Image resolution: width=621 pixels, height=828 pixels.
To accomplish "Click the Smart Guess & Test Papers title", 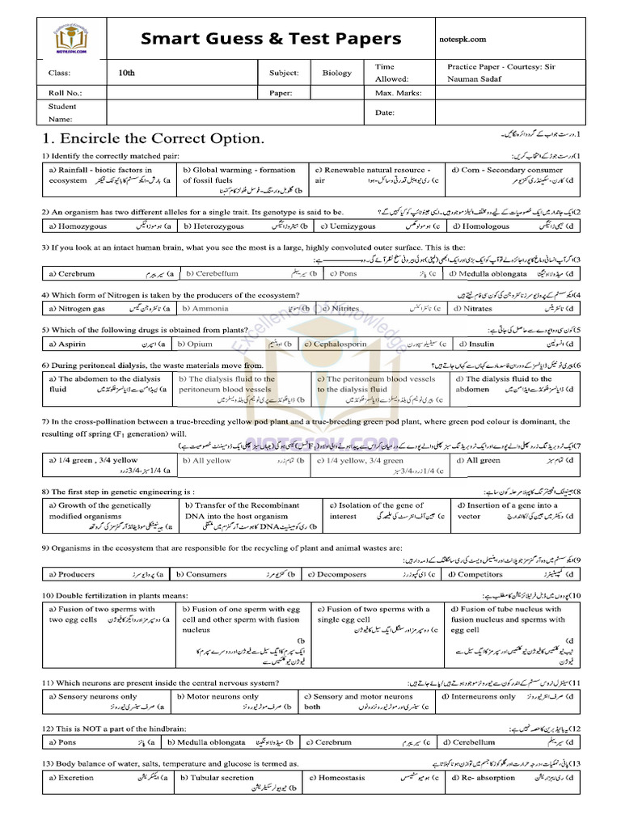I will click(272, 38).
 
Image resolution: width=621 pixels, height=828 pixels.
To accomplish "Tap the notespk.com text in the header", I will click(467, 39).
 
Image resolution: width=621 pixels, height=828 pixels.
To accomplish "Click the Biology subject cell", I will click(337, 73).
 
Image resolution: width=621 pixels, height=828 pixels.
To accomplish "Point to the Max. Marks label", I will click(395, 93).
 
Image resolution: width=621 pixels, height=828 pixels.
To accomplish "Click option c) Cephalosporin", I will click(338, 344).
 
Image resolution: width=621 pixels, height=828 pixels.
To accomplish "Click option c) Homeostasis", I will click(336, 778).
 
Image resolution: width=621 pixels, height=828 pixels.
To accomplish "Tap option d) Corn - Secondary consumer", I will click(507, 170).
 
